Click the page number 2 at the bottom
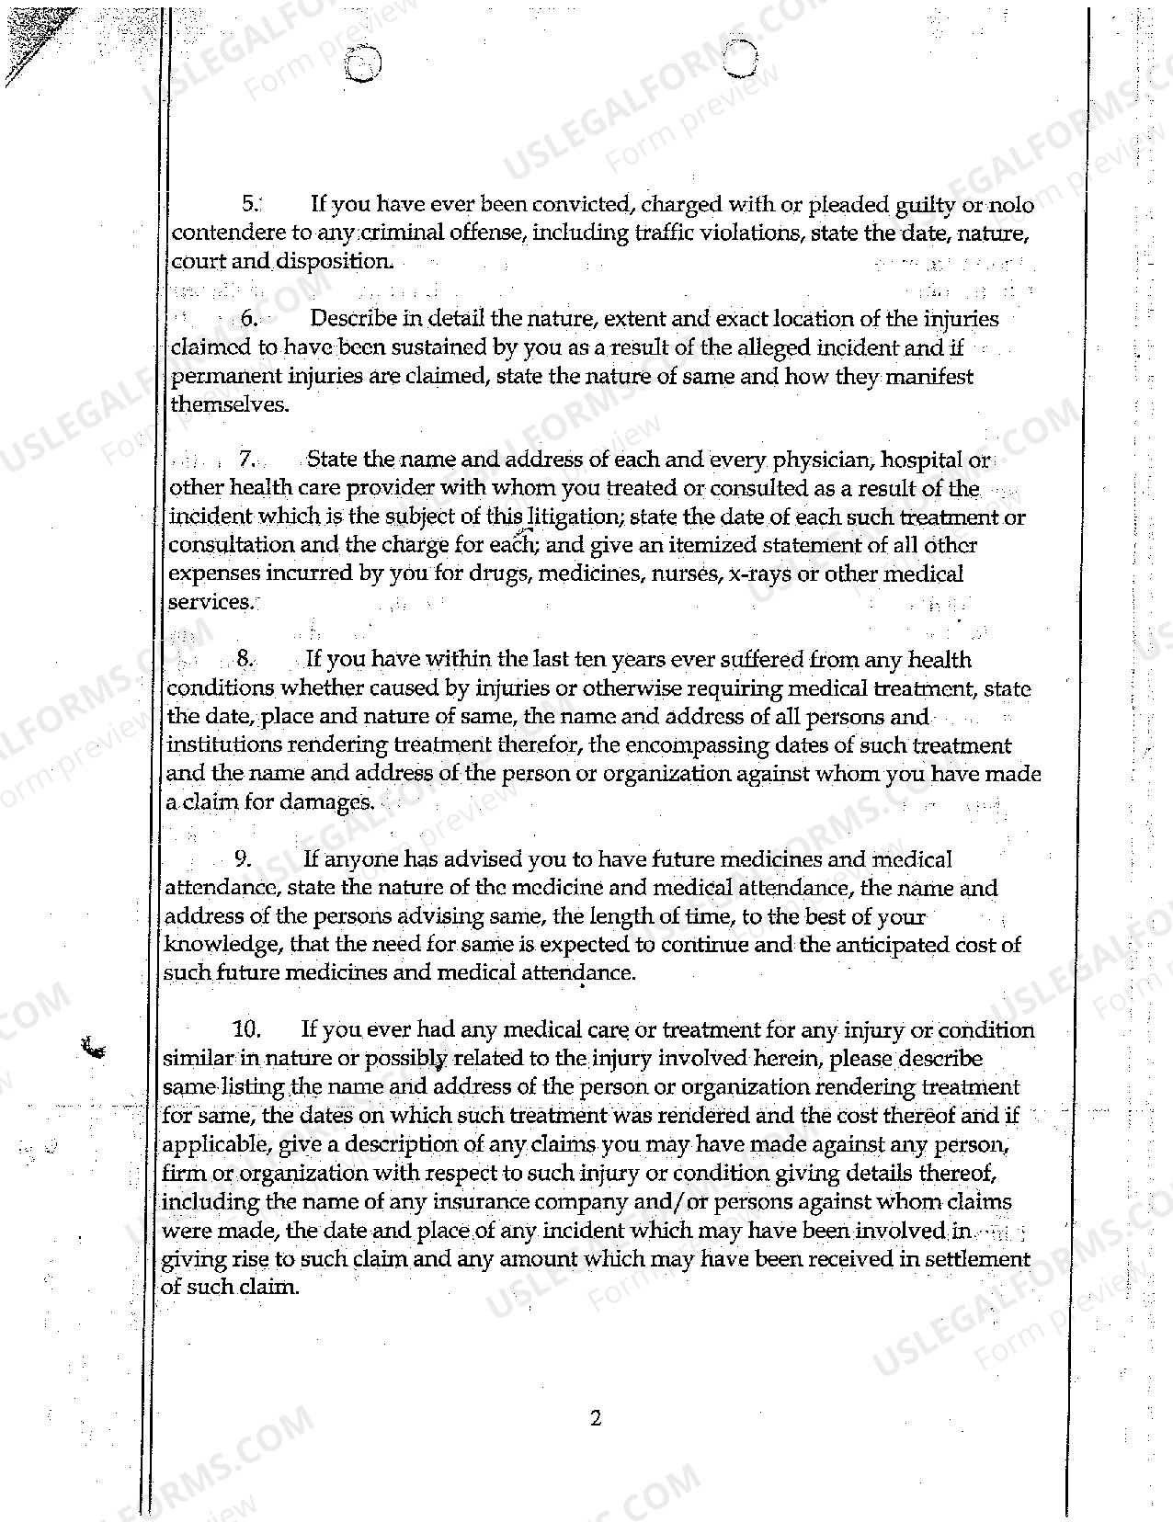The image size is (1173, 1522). click(595, 1418)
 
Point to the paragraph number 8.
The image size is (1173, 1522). click(244, 658)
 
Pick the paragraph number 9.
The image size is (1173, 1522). click(243, 859)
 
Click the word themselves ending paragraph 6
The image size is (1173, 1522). click(229, 405)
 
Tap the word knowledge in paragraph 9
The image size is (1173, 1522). click(220, 945)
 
